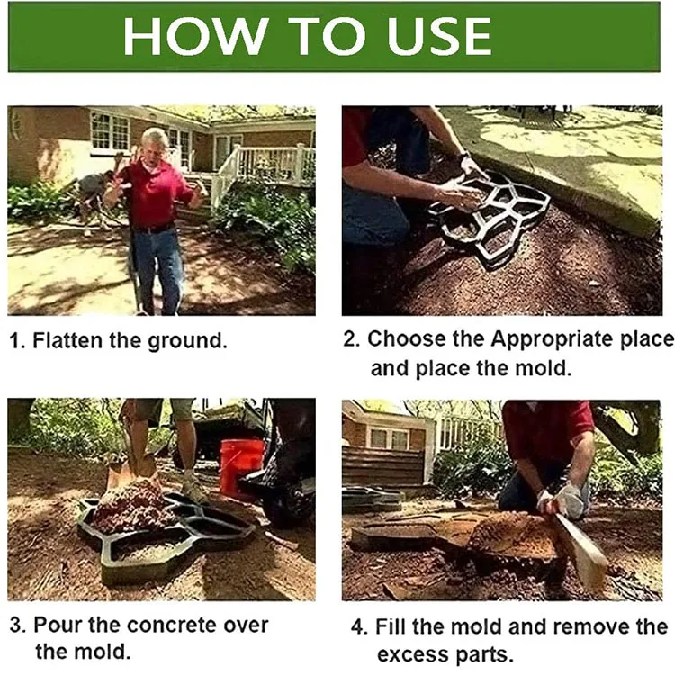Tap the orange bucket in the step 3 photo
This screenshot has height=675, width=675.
241,467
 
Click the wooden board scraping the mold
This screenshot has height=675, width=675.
580,550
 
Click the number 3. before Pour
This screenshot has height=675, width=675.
16,625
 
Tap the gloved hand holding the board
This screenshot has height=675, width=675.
567,499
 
